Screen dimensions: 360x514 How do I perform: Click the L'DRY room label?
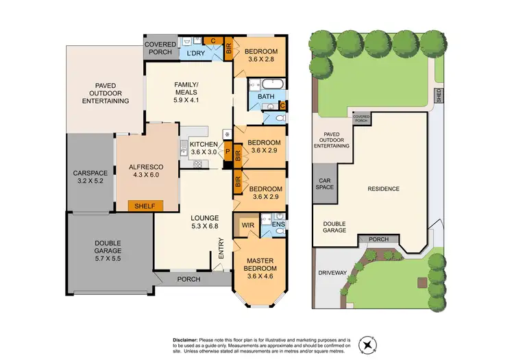pos(193,53)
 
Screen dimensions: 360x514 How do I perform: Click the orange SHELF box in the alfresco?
pos(145,205)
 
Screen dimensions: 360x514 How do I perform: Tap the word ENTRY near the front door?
pos(221,248)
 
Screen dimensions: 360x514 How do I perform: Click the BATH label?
pos(266,97)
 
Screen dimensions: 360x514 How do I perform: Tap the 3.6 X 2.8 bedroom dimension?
pos(261,60)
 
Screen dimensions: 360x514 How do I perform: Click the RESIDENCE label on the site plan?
pos(384,189)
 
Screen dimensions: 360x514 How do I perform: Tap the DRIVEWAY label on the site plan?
pos(334,272)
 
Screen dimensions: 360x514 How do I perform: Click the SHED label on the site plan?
pos(438,95)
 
